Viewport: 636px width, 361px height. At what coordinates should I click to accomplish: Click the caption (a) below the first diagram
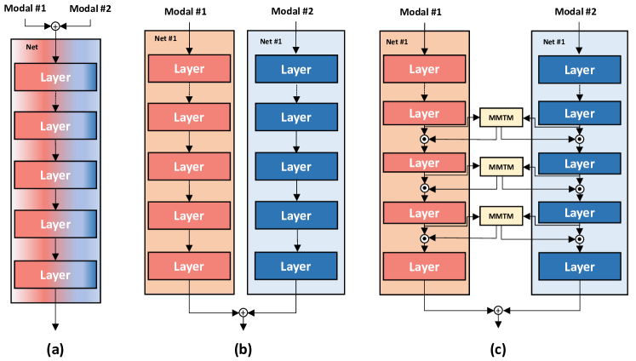pos(55,349)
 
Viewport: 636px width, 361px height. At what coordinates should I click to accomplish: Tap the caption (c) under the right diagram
pos(497,349)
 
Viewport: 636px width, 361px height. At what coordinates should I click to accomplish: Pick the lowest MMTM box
pos(499,216)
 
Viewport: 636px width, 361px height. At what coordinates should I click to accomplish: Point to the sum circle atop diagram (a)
pos(55,26)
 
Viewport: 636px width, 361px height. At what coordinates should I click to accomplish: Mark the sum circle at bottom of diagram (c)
pos(497,312)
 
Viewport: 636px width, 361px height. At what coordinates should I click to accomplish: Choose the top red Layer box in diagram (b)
pos(188,69)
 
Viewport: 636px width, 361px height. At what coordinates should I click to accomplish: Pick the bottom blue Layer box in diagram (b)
pos(295,266)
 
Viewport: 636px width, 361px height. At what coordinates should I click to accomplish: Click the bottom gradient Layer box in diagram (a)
pos(55,274)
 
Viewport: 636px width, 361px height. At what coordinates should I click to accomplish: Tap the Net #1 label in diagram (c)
pos(397,40)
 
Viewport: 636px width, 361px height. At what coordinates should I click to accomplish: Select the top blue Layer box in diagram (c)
pos(580,69)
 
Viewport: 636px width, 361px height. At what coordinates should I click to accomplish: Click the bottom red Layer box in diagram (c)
pos(423,266)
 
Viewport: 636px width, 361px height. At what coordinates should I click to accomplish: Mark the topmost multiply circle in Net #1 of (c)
pos(423,138)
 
